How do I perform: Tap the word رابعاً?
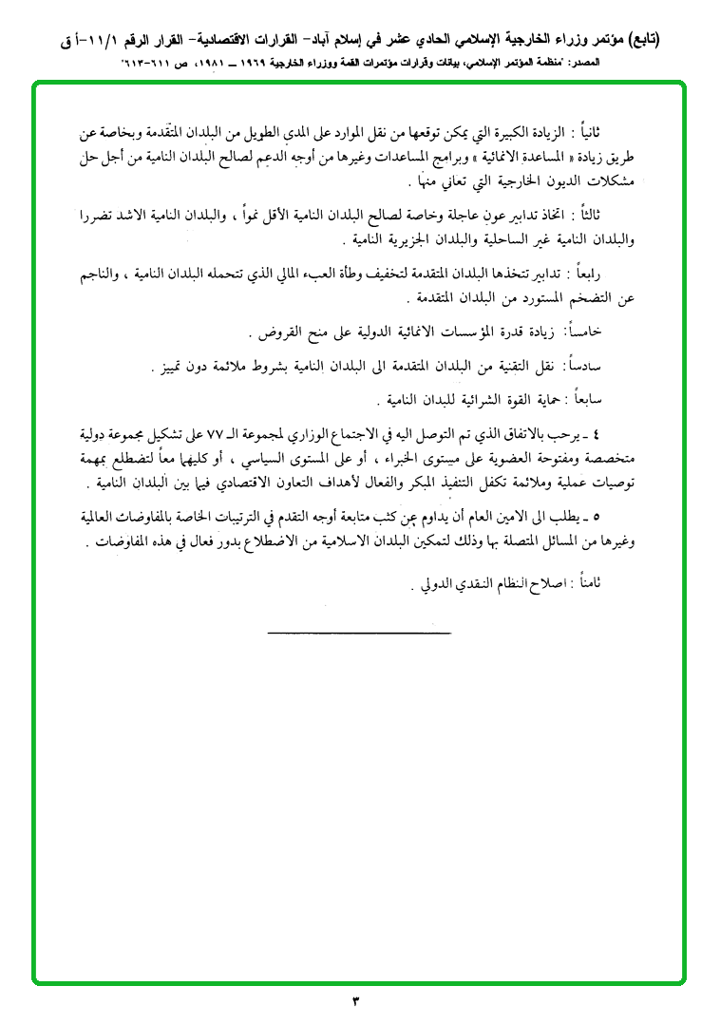(622, 275)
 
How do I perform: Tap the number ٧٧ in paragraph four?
(362, 435)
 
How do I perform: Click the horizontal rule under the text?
(358, 632)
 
